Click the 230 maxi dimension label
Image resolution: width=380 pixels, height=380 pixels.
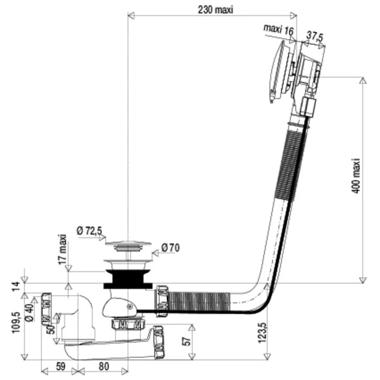[216, 10]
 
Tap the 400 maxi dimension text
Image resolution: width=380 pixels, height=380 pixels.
[356, 176]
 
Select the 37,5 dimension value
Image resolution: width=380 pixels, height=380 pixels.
[314, 36]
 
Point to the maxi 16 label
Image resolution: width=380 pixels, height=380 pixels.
[278, 29]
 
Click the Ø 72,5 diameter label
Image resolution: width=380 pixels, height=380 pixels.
[90, 231]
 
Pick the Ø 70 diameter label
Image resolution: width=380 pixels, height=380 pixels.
[170, 248]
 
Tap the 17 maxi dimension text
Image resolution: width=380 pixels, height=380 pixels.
[63, 249]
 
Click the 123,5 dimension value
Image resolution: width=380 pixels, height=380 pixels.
[262, 333]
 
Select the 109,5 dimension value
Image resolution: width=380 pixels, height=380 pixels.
[16, 322]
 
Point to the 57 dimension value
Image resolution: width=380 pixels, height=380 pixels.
[187, 341]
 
